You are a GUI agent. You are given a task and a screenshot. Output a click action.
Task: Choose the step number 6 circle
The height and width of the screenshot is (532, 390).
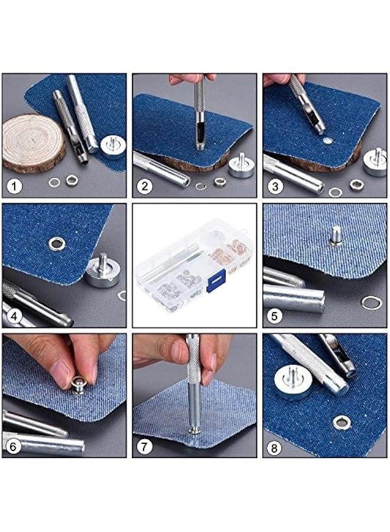[x=15, y=446]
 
